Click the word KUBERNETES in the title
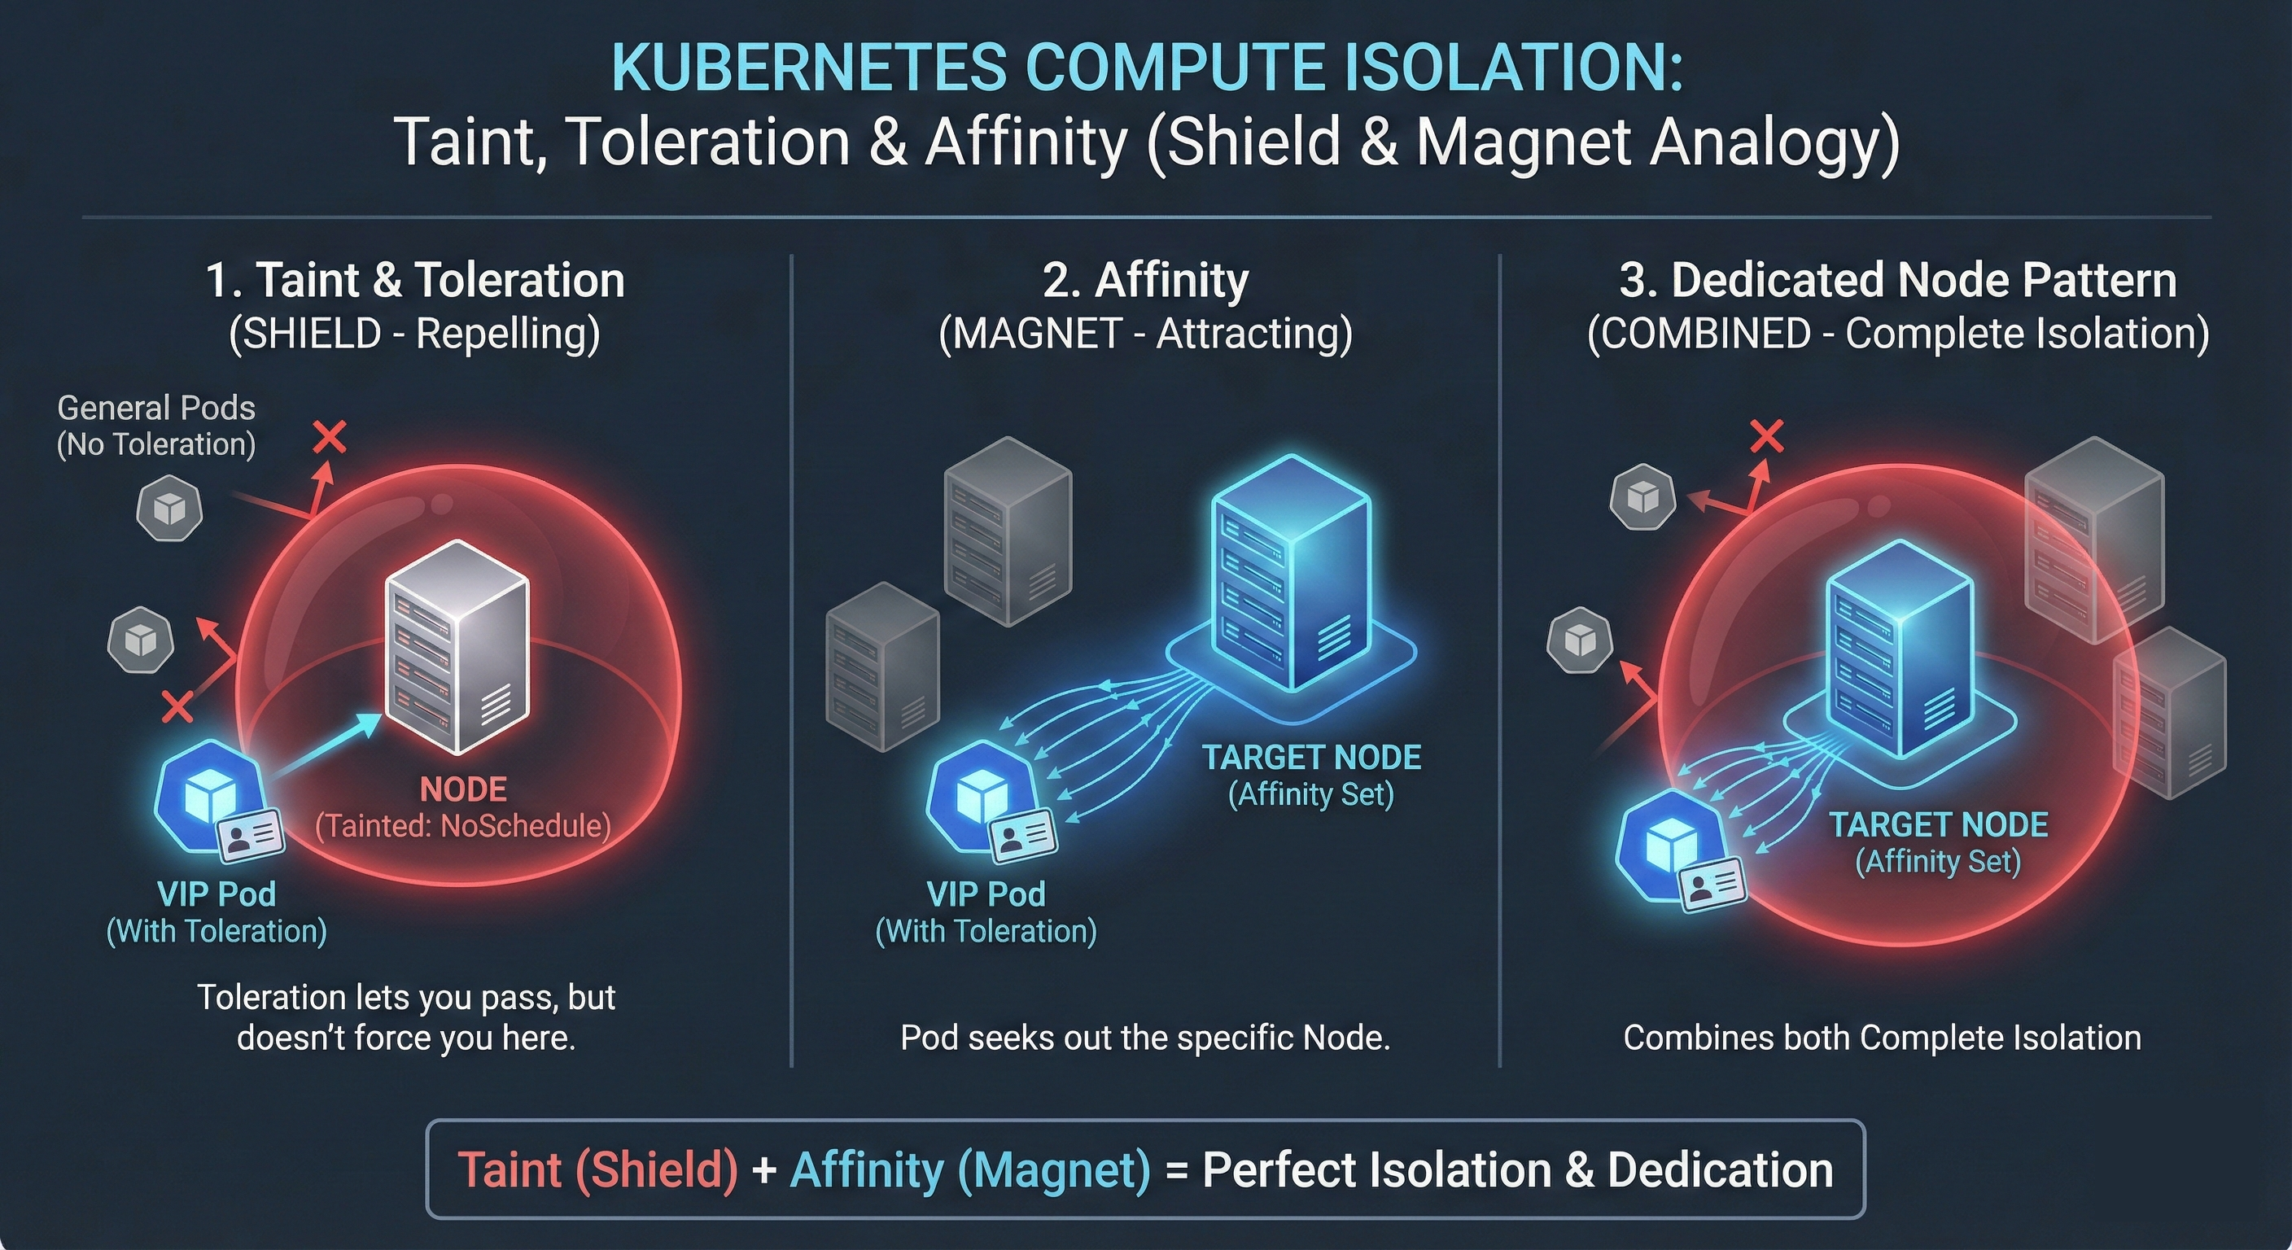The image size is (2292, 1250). coord(810,68)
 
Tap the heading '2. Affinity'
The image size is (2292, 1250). coord(1145,280)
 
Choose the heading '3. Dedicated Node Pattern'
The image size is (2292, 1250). coord(1898,280)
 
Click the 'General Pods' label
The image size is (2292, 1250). coord(155,409)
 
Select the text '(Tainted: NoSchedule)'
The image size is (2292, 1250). coord(462,827)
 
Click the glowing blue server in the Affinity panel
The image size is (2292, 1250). coord(1291,573)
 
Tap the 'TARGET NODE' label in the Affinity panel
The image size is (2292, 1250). coord(1311,758)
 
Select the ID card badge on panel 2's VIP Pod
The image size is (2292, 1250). coord(1023,837)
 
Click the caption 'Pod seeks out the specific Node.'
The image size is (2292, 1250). coord(1145,1038)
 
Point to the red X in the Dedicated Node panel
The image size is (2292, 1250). coord(1767,437)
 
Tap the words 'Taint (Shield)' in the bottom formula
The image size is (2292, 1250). coord(598,1169)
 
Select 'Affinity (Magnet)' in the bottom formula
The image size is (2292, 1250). coord(970,1169)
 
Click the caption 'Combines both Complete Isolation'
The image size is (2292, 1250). coord(1882,1038)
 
